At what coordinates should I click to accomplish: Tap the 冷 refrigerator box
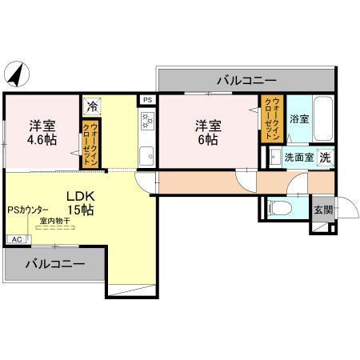(x=91, y=106)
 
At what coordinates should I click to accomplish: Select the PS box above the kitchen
(x=147, y=99)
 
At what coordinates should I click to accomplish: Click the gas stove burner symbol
(x=147, y=122)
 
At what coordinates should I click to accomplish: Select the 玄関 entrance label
(x=323, y=210)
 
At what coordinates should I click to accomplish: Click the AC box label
(x=16, y=239)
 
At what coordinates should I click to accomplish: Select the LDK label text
(x=80, y=194)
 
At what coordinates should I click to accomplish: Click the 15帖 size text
(x=80, y=210)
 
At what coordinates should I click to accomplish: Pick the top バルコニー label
(x=246, y=81)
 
